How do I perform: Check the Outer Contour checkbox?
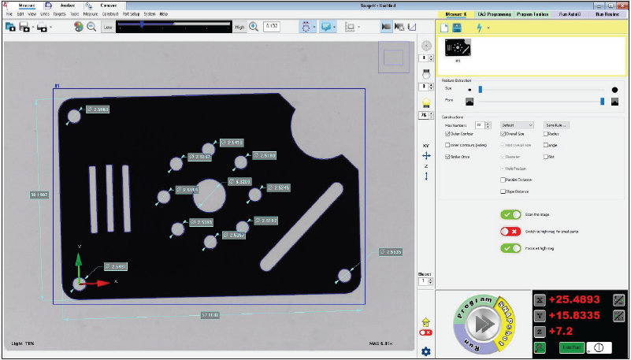pos(448,134)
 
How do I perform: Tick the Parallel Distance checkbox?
pos(503,180)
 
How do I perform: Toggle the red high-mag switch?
pos(510,232)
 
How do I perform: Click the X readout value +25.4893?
pos(576,299)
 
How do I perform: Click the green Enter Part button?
pos(570,347)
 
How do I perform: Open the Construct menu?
pos(110,14)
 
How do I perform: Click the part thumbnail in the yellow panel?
pos(457,49)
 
